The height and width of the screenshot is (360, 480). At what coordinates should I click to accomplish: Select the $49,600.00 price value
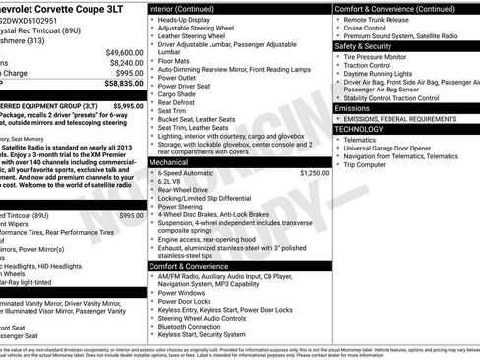click(124, 51)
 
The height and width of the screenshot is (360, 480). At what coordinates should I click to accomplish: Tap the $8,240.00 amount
click(126, 62)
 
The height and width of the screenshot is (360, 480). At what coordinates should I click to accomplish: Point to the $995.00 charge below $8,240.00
click(129, 73)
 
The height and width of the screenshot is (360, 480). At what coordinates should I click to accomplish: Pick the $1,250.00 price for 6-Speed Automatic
click(313, 172)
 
